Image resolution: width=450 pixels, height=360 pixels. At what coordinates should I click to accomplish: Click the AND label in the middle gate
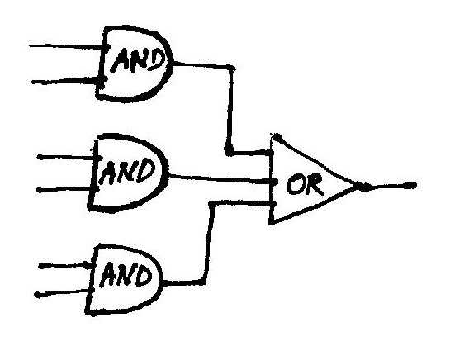coord(127,172)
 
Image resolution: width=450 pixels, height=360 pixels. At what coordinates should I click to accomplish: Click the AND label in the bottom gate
coord(126,275)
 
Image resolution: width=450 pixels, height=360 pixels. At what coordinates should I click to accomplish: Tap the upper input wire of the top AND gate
coord(67,46)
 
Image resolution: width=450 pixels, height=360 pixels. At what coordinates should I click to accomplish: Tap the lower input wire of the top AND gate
coord(67,80)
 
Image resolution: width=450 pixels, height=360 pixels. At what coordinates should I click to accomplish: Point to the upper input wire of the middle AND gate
coord(67,158)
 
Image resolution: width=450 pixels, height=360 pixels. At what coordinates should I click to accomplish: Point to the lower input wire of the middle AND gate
coord(66,189)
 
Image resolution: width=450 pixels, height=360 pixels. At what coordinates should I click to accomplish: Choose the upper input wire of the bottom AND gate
coord(65,265)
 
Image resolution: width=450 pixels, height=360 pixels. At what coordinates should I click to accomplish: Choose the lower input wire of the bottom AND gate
coord(63,293)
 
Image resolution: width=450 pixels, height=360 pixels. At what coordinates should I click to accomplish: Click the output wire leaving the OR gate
coord(387,186)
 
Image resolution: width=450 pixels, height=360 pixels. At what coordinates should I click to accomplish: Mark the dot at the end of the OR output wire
coord(411,186)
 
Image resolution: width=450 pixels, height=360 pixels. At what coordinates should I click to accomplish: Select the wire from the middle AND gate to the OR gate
coord(220,178)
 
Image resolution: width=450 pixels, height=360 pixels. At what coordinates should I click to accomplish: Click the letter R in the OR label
coord(314,186)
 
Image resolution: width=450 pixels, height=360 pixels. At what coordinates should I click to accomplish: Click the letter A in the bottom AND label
coord(107,276)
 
